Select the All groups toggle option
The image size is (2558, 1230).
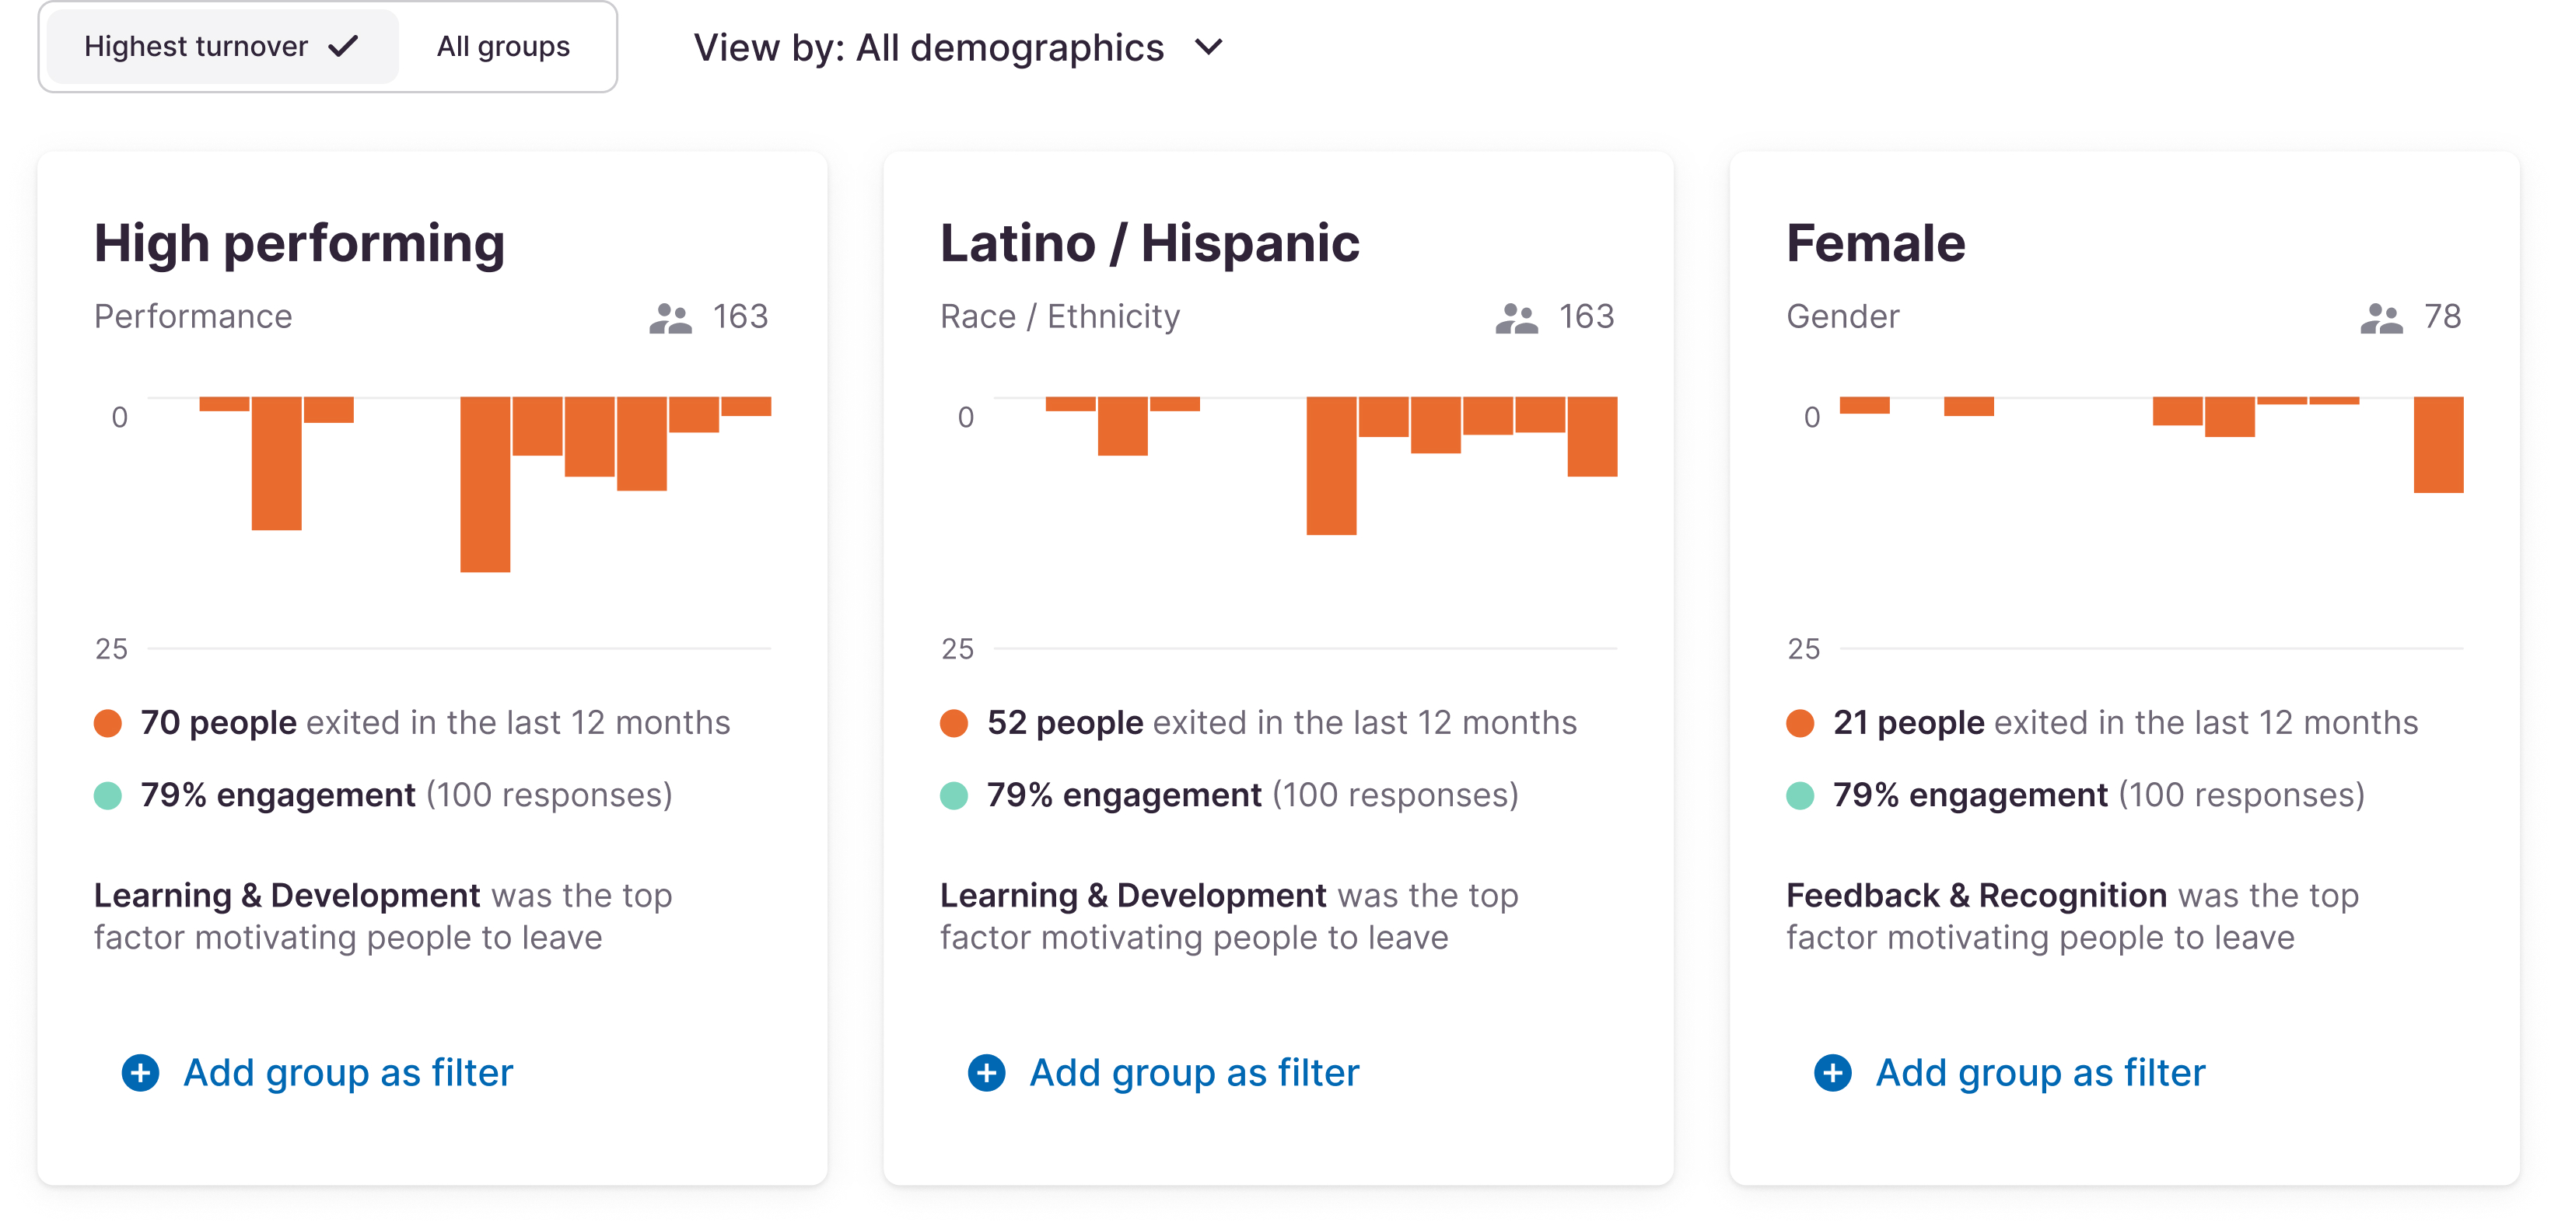(x=503, y=47)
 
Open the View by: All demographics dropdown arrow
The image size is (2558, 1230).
(x=1209, y=47)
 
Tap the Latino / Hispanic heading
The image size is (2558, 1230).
(x=1149, y=243)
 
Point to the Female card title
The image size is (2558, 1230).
(x=1875, y=243)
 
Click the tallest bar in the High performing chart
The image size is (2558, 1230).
(x=485, y=484)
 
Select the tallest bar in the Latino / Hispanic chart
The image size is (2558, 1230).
(x=1331, y=466)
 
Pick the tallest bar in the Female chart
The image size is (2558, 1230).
(x=2438, y=445)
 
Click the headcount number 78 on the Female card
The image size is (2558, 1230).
(x=2442, y=316)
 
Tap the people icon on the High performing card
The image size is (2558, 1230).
(x=670, y=318)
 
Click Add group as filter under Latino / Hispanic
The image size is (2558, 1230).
(x=1194, y=1072)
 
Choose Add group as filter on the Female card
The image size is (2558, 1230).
(x=2040, y=1072)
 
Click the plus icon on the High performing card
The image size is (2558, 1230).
(x=140, y=1072)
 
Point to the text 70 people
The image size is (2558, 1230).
(x=219, y=723)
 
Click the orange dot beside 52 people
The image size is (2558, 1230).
(x=954, y=723)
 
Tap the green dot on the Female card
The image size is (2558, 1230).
(x=1800, y=795)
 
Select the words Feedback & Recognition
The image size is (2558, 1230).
(x=1976, y=896)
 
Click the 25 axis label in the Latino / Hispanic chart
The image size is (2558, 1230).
(x=957, y=649)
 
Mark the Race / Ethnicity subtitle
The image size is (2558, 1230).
(x=1059, y=316)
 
